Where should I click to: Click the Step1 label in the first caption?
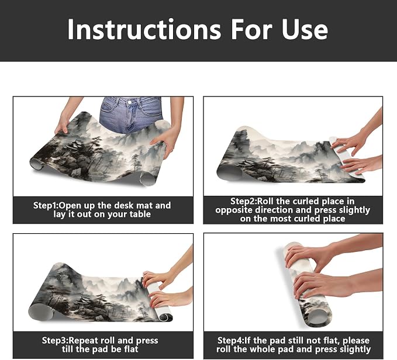[46, 205]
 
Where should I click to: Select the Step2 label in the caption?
[243, 202]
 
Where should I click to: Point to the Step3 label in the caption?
[55, 340]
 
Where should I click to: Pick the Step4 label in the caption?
[230, 340]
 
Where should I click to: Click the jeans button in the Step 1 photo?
[129, 102]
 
